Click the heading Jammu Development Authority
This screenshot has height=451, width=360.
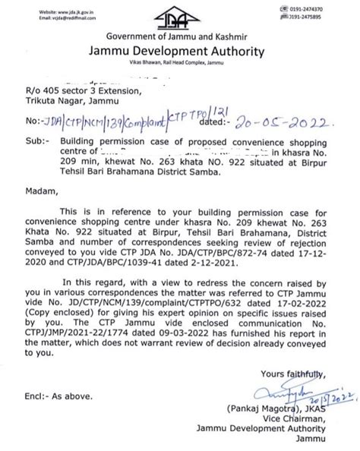(x=179, y=52)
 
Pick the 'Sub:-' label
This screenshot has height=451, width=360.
(x=36, y=142)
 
